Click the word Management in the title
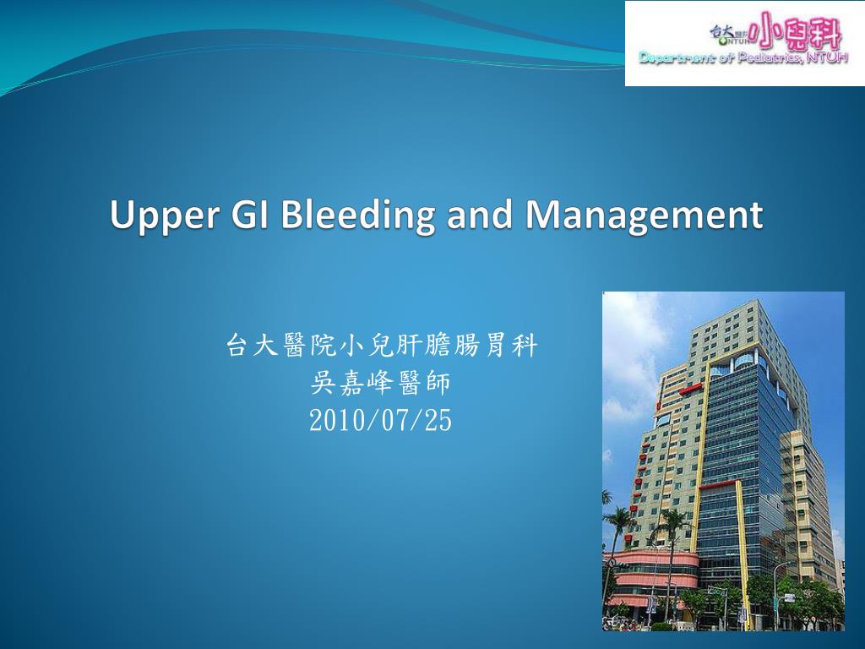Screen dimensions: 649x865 point(644,215)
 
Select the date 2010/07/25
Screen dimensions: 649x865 point(380,420)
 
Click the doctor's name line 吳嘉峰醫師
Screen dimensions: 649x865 point(381,384)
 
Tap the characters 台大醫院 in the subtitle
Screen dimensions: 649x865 point(279,346)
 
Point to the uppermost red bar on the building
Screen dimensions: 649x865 point(690,389)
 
